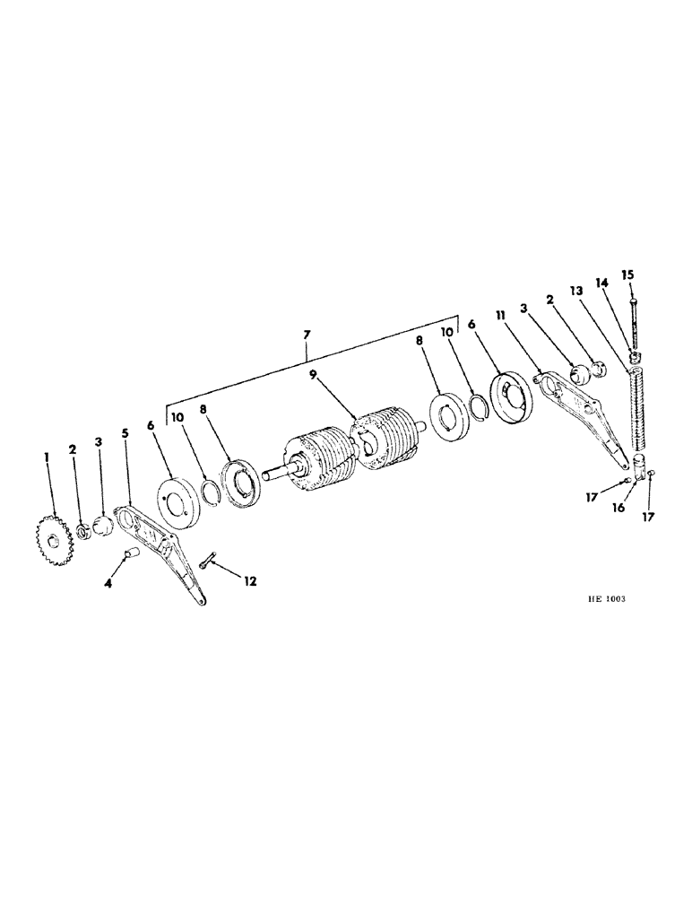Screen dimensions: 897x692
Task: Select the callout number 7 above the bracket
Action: tap(307, 335)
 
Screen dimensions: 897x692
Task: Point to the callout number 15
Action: tap(627, 274)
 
